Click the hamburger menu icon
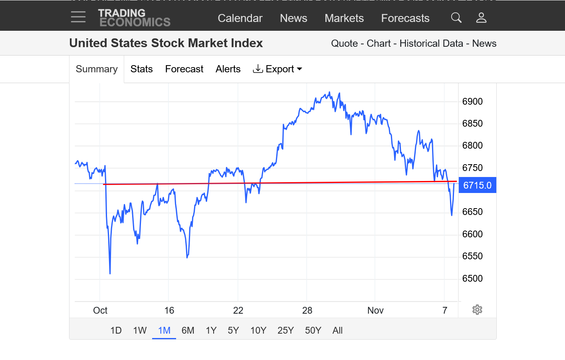click(78, 17)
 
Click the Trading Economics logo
click(134, 18)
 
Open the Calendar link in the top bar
click(240, 18)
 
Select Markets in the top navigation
click(344, 18)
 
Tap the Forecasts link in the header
click(405, 18)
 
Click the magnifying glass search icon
click(456, 18)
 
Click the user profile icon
click(481, 18)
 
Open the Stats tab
click(141, 69)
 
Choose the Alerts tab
click(228, 69)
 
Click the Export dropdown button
click(278, 69)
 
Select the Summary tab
click(97, 69)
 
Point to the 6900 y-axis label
click(472, 101)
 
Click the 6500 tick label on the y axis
click(472, 278)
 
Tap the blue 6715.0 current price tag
click(477, 185)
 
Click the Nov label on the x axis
click(375, 310)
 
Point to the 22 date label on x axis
click(238, 310)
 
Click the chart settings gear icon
click(477, 310)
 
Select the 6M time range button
click(188, 330)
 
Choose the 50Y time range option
click(313, 330)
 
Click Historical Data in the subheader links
click(431, 44)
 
